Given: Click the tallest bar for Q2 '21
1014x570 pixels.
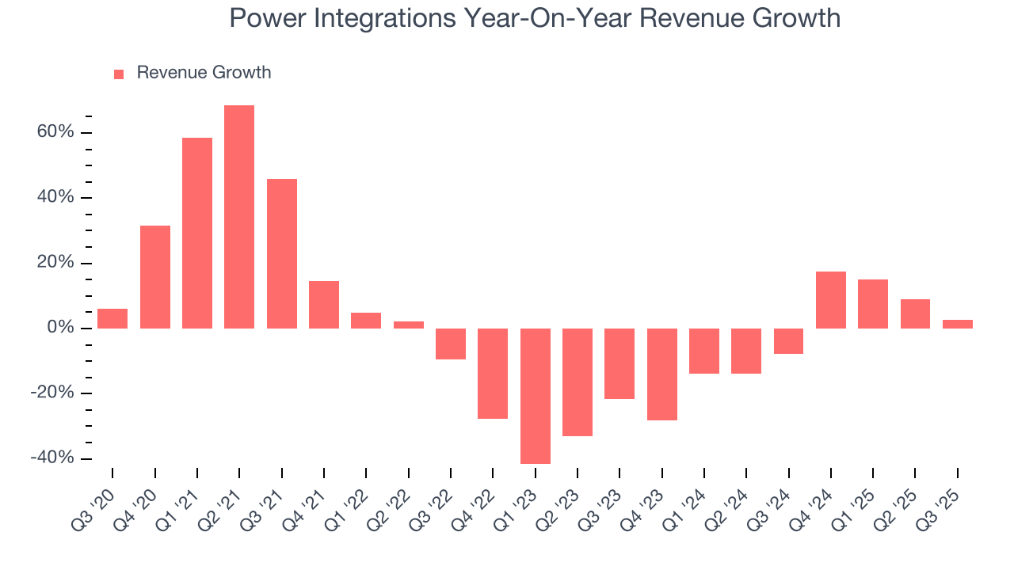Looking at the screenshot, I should [x=239, y=217].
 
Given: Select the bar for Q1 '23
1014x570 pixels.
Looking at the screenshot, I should [x=535, y=396].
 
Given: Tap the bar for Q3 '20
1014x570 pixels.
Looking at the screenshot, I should [x=112, y=318].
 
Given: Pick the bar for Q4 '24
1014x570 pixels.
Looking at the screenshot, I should [x=831, y=300].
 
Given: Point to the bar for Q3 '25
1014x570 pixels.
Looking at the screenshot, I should [x=957, y=324].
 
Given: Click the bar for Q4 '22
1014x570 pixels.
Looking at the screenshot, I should [x=493, y=373].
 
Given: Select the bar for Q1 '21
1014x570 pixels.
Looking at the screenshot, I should [x=197, y=233].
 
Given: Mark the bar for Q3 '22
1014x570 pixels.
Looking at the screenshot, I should [x=451, y=344].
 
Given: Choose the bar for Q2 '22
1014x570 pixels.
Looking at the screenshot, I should [x=409, y=325].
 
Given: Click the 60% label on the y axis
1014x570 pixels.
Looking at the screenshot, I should [x=55, y=131].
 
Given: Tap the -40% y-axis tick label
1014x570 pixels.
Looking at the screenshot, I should [x=52, y=458].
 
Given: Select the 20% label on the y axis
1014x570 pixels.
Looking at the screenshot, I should [x=55, y=263].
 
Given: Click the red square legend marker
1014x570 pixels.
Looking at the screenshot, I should [x=119, y=74].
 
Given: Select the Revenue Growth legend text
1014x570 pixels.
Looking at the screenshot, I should [x=204, y=73].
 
